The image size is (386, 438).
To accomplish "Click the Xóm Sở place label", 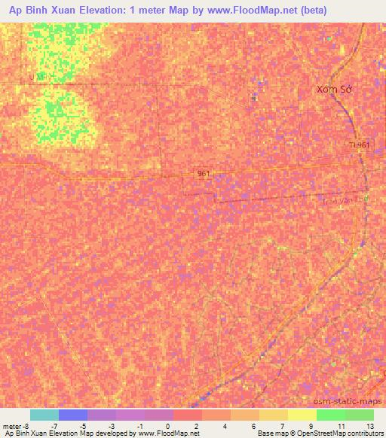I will (335, 89).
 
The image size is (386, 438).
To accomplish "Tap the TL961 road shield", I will (360, 144).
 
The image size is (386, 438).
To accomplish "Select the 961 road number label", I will (204, 173).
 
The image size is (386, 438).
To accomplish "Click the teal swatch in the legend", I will (44, 415).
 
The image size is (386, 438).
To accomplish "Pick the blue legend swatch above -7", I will (72, 415).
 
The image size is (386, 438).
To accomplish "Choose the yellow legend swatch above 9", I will (302, 415).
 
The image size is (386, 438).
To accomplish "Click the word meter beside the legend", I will (13, 426).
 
